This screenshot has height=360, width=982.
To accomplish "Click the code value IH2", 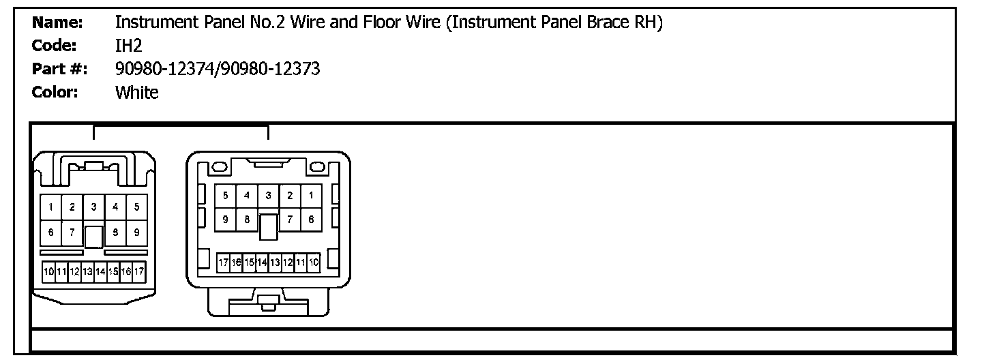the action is [128, 46].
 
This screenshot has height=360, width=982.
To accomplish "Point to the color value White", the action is [137, 92].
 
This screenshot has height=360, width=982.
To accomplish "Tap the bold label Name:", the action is [58, 22].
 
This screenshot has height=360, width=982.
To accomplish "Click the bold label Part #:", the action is [60, 69].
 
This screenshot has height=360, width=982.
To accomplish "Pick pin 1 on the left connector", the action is [51, 207].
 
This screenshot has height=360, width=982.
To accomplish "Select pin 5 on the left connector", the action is [137, 207].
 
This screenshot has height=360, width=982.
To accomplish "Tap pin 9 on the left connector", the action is [137, 232].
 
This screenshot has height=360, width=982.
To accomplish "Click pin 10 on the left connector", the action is [48, 271].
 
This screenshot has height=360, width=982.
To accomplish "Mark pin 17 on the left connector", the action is [139, 271].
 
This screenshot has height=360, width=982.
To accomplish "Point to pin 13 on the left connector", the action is [87, 271].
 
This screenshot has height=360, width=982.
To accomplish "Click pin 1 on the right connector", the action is [311, 196].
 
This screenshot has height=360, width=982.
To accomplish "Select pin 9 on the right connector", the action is [225, 220].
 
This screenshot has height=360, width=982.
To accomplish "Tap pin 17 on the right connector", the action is [223, 262].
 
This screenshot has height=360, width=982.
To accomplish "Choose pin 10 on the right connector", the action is [314, 262].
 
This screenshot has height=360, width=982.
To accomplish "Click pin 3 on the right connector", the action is [268, 196].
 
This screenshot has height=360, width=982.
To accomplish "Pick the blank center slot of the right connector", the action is [268, 226].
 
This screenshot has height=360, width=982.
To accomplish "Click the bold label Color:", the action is [55, 92].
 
